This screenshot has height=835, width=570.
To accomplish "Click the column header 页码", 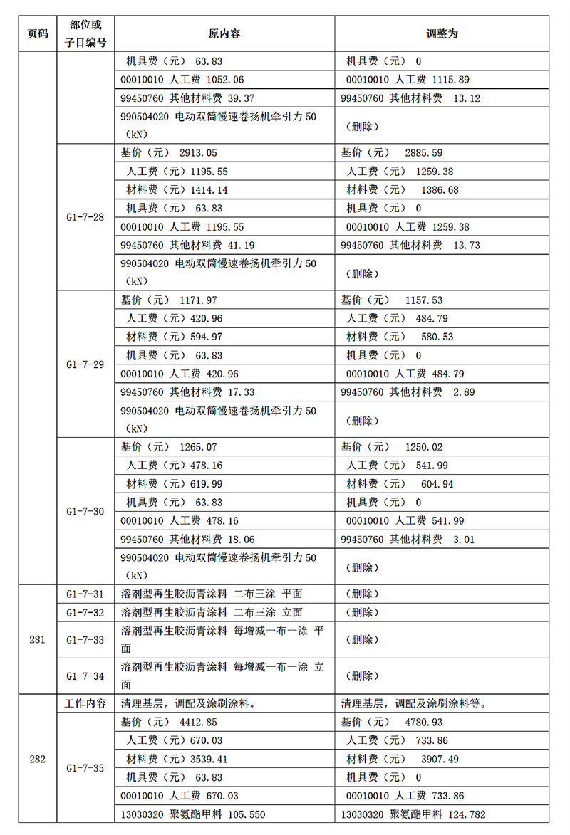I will click(x=37, y=33).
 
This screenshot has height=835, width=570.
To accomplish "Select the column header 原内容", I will click(x=224, y=33).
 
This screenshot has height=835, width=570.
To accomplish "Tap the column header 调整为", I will click(x=442, y=33).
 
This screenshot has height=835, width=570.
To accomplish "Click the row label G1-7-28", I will click(x=85, y=217).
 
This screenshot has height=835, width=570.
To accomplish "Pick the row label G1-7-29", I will click(x=85, y=364).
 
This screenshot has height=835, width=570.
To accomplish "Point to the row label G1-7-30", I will click(x=85, y=511).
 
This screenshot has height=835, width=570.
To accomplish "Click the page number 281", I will click(x=37, y=639).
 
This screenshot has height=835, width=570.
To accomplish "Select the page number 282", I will click(x=37, y=760).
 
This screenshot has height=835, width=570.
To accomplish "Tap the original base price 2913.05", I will click(x=198, y=153).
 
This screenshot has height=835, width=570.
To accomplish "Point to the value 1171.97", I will click(x=198, y=300).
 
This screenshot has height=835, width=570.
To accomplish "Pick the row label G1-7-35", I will click(x=85, y=768).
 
